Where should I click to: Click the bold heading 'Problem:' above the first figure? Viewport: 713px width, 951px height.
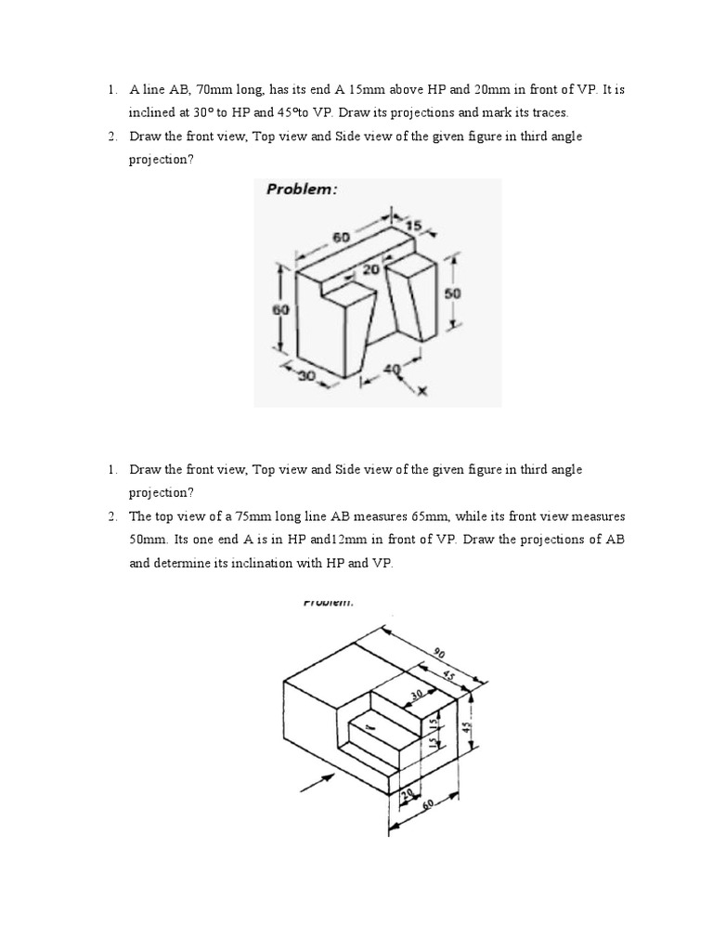[302, 189]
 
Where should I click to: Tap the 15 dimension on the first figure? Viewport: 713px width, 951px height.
[413, 225]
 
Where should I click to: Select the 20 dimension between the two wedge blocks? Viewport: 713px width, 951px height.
[369, 270]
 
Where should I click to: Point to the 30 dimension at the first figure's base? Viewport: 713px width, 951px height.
[305, 374]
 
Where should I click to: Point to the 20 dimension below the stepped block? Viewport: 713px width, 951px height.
[406, 793]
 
